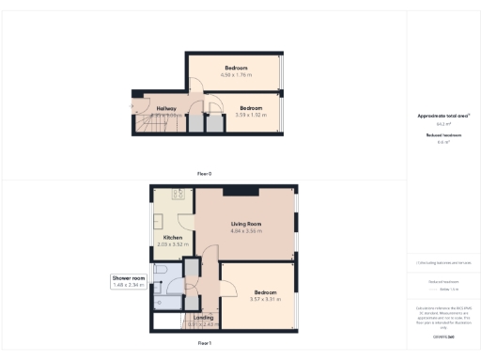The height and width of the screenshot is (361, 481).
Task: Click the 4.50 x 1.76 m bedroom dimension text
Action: (235, 75)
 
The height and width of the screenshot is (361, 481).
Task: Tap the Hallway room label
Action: (166, 108)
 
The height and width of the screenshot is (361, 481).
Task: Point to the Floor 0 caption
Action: (204, 174)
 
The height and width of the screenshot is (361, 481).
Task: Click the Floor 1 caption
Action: (204, 345)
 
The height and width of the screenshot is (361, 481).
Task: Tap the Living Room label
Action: (246, 224)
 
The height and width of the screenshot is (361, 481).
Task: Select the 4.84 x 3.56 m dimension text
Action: (246, 230)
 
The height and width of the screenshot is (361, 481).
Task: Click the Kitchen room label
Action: (173, 238)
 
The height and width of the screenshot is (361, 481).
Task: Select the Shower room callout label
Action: (128, 277)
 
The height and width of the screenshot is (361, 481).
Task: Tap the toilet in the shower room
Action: (162, 274)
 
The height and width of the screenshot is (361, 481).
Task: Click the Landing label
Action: (203, 318)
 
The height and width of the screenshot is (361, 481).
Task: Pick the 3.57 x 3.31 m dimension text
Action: (266, 300)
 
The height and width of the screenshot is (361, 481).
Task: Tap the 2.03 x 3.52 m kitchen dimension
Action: (173, 244)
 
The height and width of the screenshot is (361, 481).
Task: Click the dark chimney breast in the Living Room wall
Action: (248, 192)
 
